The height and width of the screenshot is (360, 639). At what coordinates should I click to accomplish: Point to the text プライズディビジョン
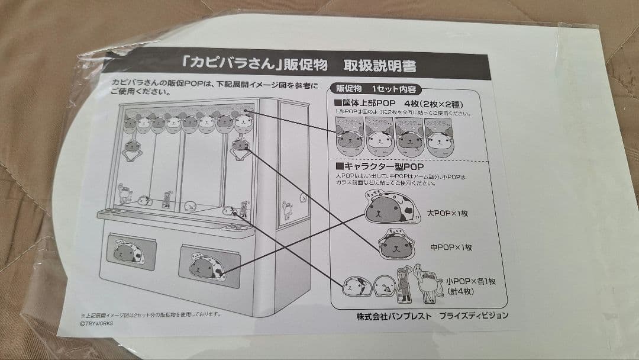[472, 315]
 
